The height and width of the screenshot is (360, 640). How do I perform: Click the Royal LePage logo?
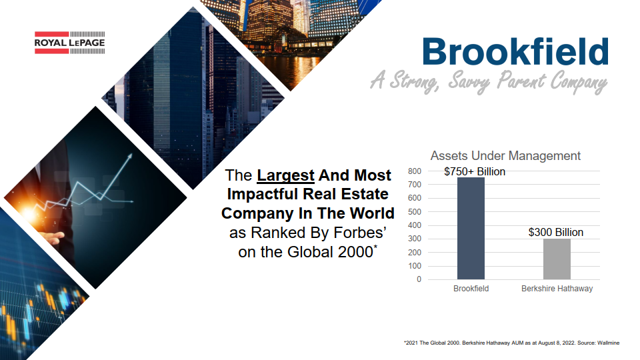(x=70, y=43)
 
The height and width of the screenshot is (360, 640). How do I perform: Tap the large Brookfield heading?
(x=515, y=52)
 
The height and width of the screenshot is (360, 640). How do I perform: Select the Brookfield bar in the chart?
(x=471, y=229)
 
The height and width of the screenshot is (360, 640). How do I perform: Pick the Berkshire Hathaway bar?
(x=557, y=259)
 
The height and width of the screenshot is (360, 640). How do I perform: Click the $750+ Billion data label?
(x=475, y=171)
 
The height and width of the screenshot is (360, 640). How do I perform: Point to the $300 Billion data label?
(x=556, y=232)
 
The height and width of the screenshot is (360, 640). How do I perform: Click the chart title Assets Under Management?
(x=505, y=155)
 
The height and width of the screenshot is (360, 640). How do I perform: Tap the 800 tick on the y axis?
(x=414, y=171)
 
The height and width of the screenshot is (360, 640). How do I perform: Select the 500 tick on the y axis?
(x=414, y=211)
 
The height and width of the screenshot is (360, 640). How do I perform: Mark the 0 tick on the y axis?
(x=419, y=279)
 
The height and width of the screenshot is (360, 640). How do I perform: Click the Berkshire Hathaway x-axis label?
(x=557, y=289)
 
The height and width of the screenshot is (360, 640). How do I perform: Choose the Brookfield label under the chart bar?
(x=471, y=289)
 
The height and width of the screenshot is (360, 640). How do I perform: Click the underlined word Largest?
(x=285, y=175)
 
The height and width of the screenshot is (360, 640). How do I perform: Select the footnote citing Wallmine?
(x=511, y=343)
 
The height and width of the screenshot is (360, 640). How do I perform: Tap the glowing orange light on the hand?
(x=29, y=213)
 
